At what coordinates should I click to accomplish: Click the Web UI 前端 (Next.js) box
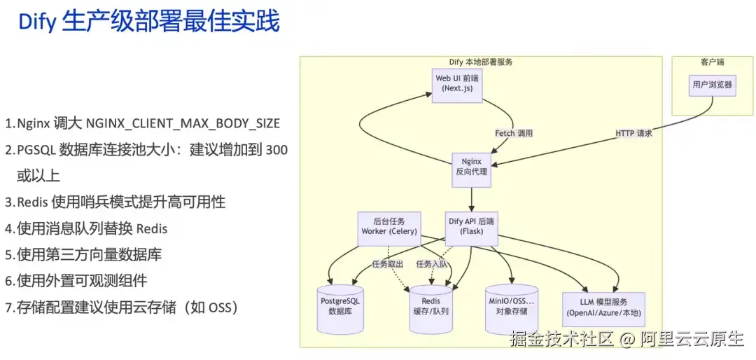[x=457, y=85]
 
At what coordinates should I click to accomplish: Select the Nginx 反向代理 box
[x=472, y=170]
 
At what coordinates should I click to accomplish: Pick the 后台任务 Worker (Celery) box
[x=388, y=228]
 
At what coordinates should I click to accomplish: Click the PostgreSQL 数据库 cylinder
[x=340, y=309]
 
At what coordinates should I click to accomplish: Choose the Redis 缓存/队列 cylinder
[x=431, y=309]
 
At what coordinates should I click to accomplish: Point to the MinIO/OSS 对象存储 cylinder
[x=512, y=308]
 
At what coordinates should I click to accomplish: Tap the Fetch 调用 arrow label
[x=514, y=133]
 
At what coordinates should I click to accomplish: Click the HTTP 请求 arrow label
[x=634, y=133]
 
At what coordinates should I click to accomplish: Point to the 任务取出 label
[x=388, y=264]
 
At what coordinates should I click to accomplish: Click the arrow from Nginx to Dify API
[x=472, y=200]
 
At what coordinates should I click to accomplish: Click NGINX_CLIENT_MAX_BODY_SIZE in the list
[x=183, y=123]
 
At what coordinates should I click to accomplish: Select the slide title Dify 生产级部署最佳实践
[x=149, y=23]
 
